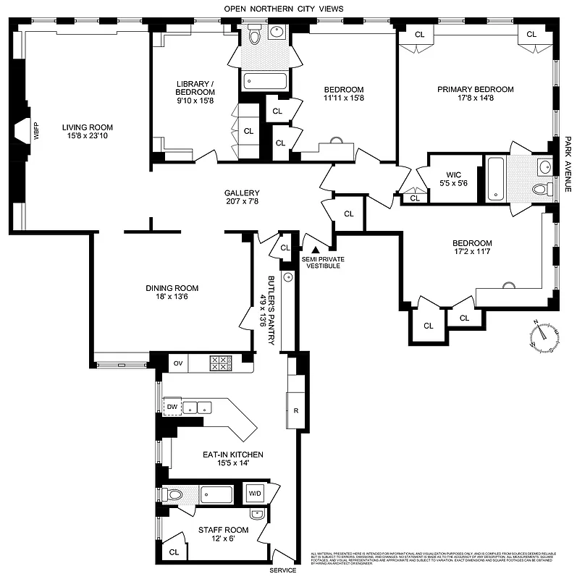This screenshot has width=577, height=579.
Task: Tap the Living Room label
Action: point(87,127)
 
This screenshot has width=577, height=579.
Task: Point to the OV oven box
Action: point(177,363)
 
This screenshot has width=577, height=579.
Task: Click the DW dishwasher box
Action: point(172,407)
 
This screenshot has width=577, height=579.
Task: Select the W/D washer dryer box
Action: point(256,494)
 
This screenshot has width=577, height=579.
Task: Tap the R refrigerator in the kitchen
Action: point(296,410)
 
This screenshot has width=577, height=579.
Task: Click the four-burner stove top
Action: point(219,363)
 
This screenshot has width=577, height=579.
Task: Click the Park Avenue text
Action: point(568,166)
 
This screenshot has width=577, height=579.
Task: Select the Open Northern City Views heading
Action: point(284,9)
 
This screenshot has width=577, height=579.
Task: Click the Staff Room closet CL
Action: point(173,551)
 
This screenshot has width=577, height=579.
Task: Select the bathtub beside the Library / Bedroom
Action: point(264,80)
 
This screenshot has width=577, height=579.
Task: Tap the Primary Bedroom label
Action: point(475,90)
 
